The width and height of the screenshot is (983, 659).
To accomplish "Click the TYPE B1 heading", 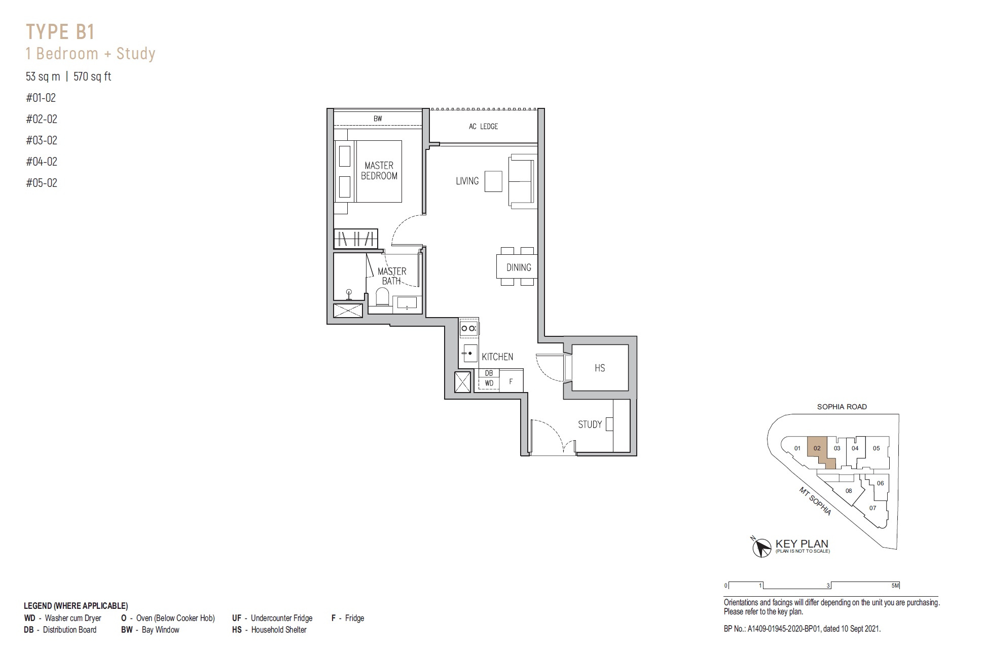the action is (60, 32).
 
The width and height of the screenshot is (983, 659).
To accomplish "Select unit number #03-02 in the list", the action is (42, 140).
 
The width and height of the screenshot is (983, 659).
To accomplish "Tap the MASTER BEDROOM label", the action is (379, 171).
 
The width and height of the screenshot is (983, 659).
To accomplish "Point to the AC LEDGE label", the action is (483, 127).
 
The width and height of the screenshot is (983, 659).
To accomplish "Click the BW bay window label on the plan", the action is (378, 119).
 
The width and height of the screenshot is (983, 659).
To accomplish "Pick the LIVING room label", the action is (467, 181).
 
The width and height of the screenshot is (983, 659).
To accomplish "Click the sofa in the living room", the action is (522, 182).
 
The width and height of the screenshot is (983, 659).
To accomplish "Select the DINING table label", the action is (519, 267).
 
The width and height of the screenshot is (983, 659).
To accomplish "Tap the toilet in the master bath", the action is (382, 297).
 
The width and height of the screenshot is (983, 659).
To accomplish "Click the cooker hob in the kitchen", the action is (468, 328).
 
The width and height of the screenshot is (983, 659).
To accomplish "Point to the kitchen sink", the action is (469, 353).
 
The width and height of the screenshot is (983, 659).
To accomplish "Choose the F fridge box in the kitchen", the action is (511, 381).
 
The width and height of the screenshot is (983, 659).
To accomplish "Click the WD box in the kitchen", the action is (489, 383).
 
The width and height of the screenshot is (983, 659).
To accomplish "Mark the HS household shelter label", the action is (600, 368).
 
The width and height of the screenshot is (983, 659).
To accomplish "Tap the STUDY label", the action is (590, 424).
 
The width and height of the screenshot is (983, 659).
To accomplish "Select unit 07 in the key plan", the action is (872, 508).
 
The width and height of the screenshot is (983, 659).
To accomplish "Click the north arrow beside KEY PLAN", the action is (761, 547).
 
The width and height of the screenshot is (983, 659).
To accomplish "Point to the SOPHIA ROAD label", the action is (842, 407).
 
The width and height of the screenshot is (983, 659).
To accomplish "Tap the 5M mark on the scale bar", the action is (895, 586).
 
